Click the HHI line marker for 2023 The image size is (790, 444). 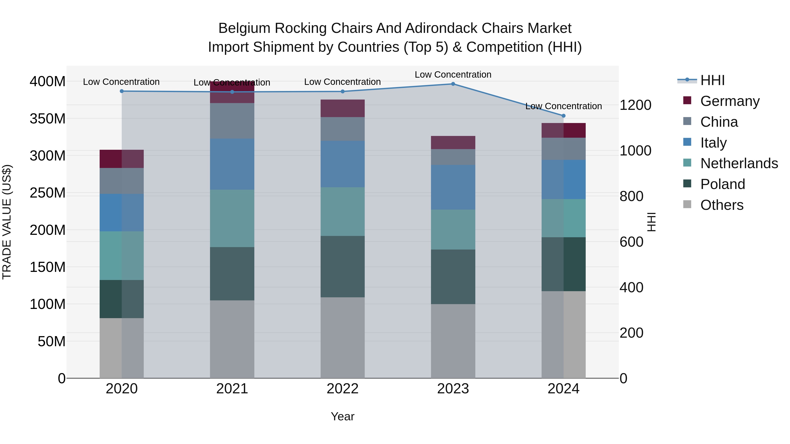click(x=453, y=84)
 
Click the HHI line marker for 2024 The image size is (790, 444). click(x=563, y=116)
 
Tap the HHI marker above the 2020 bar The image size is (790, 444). click(x=122, y=91)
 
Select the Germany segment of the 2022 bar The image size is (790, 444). click(x=343, y=108)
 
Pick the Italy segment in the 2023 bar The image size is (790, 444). click(x=453, y=187)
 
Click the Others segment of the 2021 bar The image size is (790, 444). click(x=232, y=339)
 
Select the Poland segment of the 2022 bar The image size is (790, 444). click(x=343, y=267)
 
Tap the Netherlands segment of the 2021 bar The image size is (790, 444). click(x=232, y=218)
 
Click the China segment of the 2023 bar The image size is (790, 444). click(x=453, y=157)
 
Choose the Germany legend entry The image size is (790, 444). click(x=730, y=101)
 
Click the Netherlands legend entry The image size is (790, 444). click(x=739, y=163)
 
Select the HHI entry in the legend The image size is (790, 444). click(x=712, y=80)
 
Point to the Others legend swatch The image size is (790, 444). click(x=687, y=204)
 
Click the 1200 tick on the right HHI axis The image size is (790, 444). click(x=636, y=105)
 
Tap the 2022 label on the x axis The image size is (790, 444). click(x=343, y=389)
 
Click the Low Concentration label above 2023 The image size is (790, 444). click(x=453, y=75)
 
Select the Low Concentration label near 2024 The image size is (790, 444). click(x=563, y=106)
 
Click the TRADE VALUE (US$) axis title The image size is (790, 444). click(x=7, y=222)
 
